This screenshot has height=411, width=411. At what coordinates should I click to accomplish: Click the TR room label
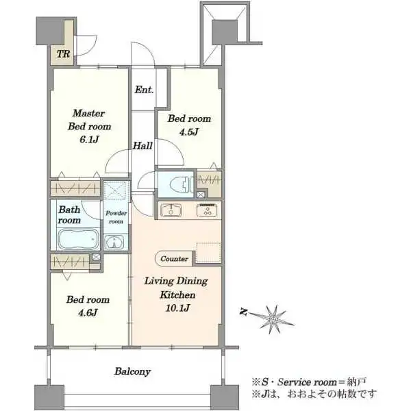[x=64, y=54]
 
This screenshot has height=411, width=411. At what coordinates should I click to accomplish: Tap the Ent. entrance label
[x=144, y=90]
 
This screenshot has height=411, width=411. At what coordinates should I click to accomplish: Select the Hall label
[x=142, y=146]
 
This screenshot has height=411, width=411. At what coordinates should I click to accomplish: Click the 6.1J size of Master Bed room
[x=89, y=140]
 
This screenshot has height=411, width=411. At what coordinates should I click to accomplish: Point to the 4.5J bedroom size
[x=189, y=132]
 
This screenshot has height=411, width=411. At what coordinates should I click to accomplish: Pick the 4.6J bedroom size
[x=88, y=313]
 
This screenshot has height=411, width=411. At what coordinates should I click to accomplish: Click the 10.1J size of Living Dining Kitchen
[x=177, y=308]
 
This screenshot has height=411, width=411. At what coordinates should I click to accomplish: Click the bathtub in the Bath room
[x=78, y=239]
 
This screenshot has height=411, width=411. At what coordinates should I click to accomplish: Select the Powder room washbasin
[x=114, y=242]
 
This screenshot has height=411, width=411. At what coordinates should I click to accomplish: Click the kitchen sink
[x=171, y=210]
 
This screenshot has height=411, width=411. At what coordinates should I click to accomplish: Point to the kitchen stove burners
[x=207, y=210]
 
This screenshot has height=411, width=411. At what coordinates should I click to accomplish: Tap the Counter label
[x=174, y=259]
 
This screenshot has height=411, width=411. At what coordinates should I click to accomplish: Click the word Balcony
[x=133, y=372]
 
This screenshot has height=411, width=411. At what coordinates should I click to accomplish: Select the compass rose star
[x=274, y=319]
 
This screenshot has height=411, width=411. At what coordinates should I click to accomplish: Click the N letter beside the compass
[x=244, y=312]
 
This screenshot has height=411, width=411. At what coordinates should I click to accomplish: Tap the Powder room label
[x=116, y=217]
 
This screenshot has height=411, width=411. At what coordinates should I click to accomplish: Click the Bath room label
[x=69, y=215]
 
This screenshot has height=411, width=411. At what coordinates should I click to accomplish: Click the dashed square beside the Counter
[x=208, y=252]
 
